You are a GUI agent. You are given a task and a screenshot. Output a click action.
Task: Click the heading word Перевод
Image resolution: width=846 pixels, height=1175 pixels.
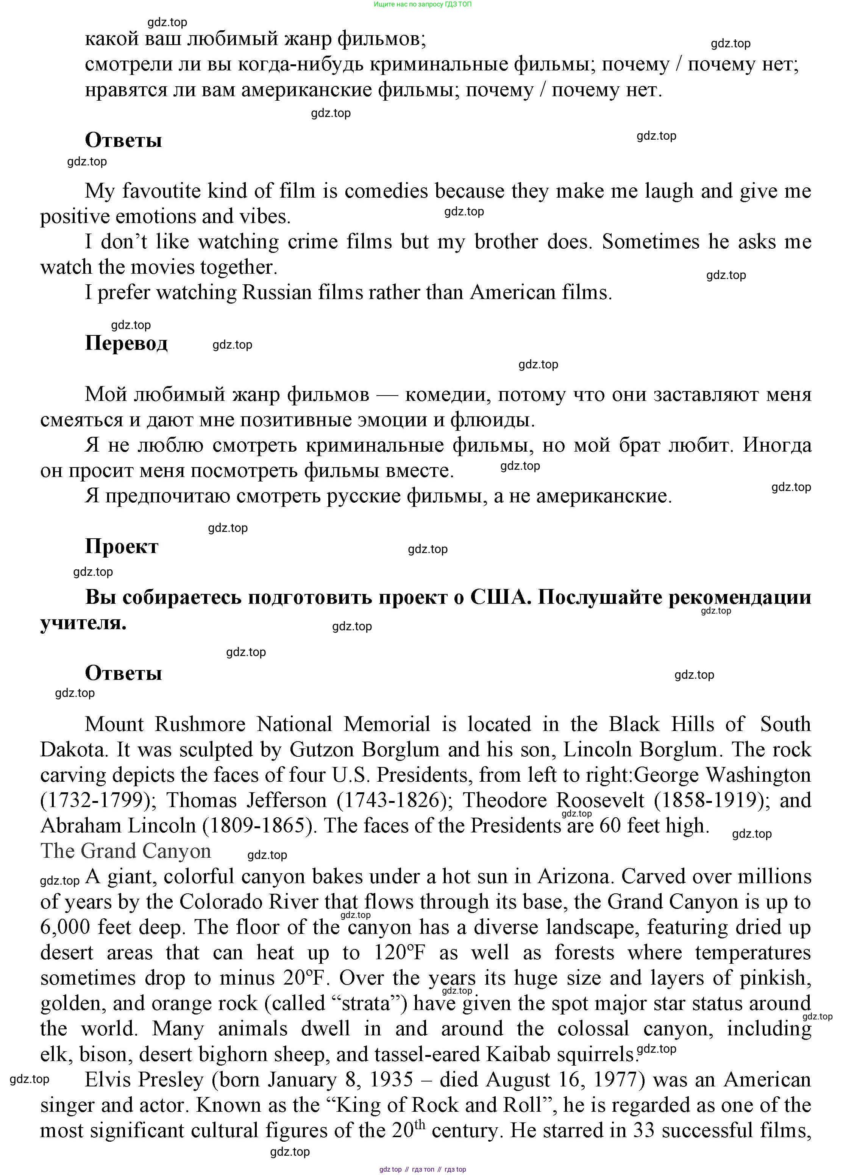126,343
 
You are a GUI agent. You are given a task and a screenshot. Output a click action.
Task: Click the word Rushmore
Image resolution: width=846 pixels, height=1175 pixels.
200,724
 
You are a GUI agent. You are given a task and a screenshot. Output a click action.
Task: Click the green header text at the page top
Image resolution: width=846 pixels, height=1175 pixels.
423,4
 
